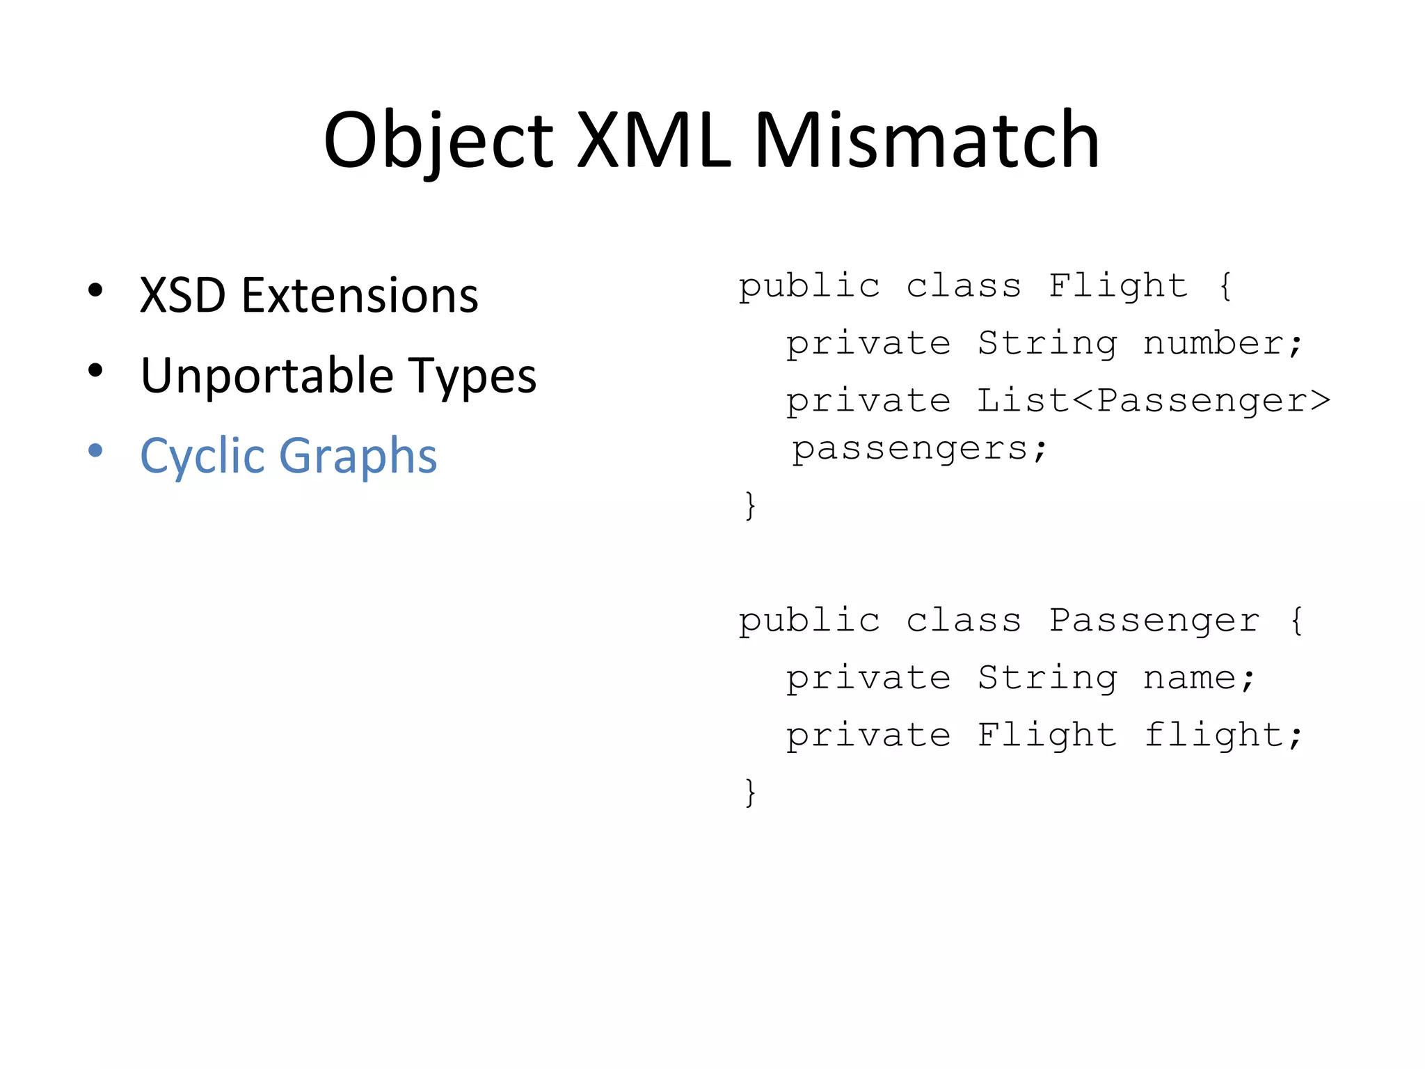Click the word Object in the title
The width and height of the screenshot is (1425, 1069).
[x=438, y=141]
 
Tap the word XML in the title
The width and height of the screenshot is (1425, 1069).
[x=654, y=141]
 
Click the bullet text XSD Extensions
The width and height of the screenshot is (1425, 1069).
[x=309, y=295]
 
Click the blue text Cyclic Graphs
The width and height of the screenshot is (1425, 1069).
[x=288, y=456]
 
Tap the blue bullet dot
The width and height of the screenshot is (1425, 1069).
[x=95, y=450]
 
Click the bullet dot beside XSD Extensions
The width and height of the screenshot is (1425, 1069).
[x=95, y=290]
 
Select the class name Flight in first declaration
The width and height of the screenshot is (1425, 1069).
[x=1118, y=285]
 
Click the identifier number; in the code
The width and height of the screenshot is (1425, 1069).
[x=1223, y=343]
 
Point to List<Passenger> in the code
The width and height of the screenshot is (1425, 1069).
[x=1154, y=400]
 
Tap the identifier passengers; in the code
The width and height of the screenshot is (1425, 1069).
[x=919, y=448]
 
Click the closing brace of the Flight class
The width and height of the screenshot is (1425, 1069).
[x=749, y=505]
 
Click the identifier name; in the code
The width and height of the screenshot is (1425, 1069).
[x=1199, y=678]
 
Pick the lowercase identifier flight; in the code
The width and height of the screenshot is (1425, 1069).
[x=1223, y=735]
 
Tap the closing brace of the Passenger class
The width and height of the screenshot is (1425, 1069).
[x=749, y=792]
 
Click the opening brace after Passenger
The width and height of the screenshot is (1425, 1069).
[x=1296, y=620]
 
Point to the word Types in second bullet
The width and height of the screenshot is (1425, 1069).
[x=472, y=376]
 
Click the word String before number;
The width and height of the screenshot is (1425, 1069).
[x=1047, y=343]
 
